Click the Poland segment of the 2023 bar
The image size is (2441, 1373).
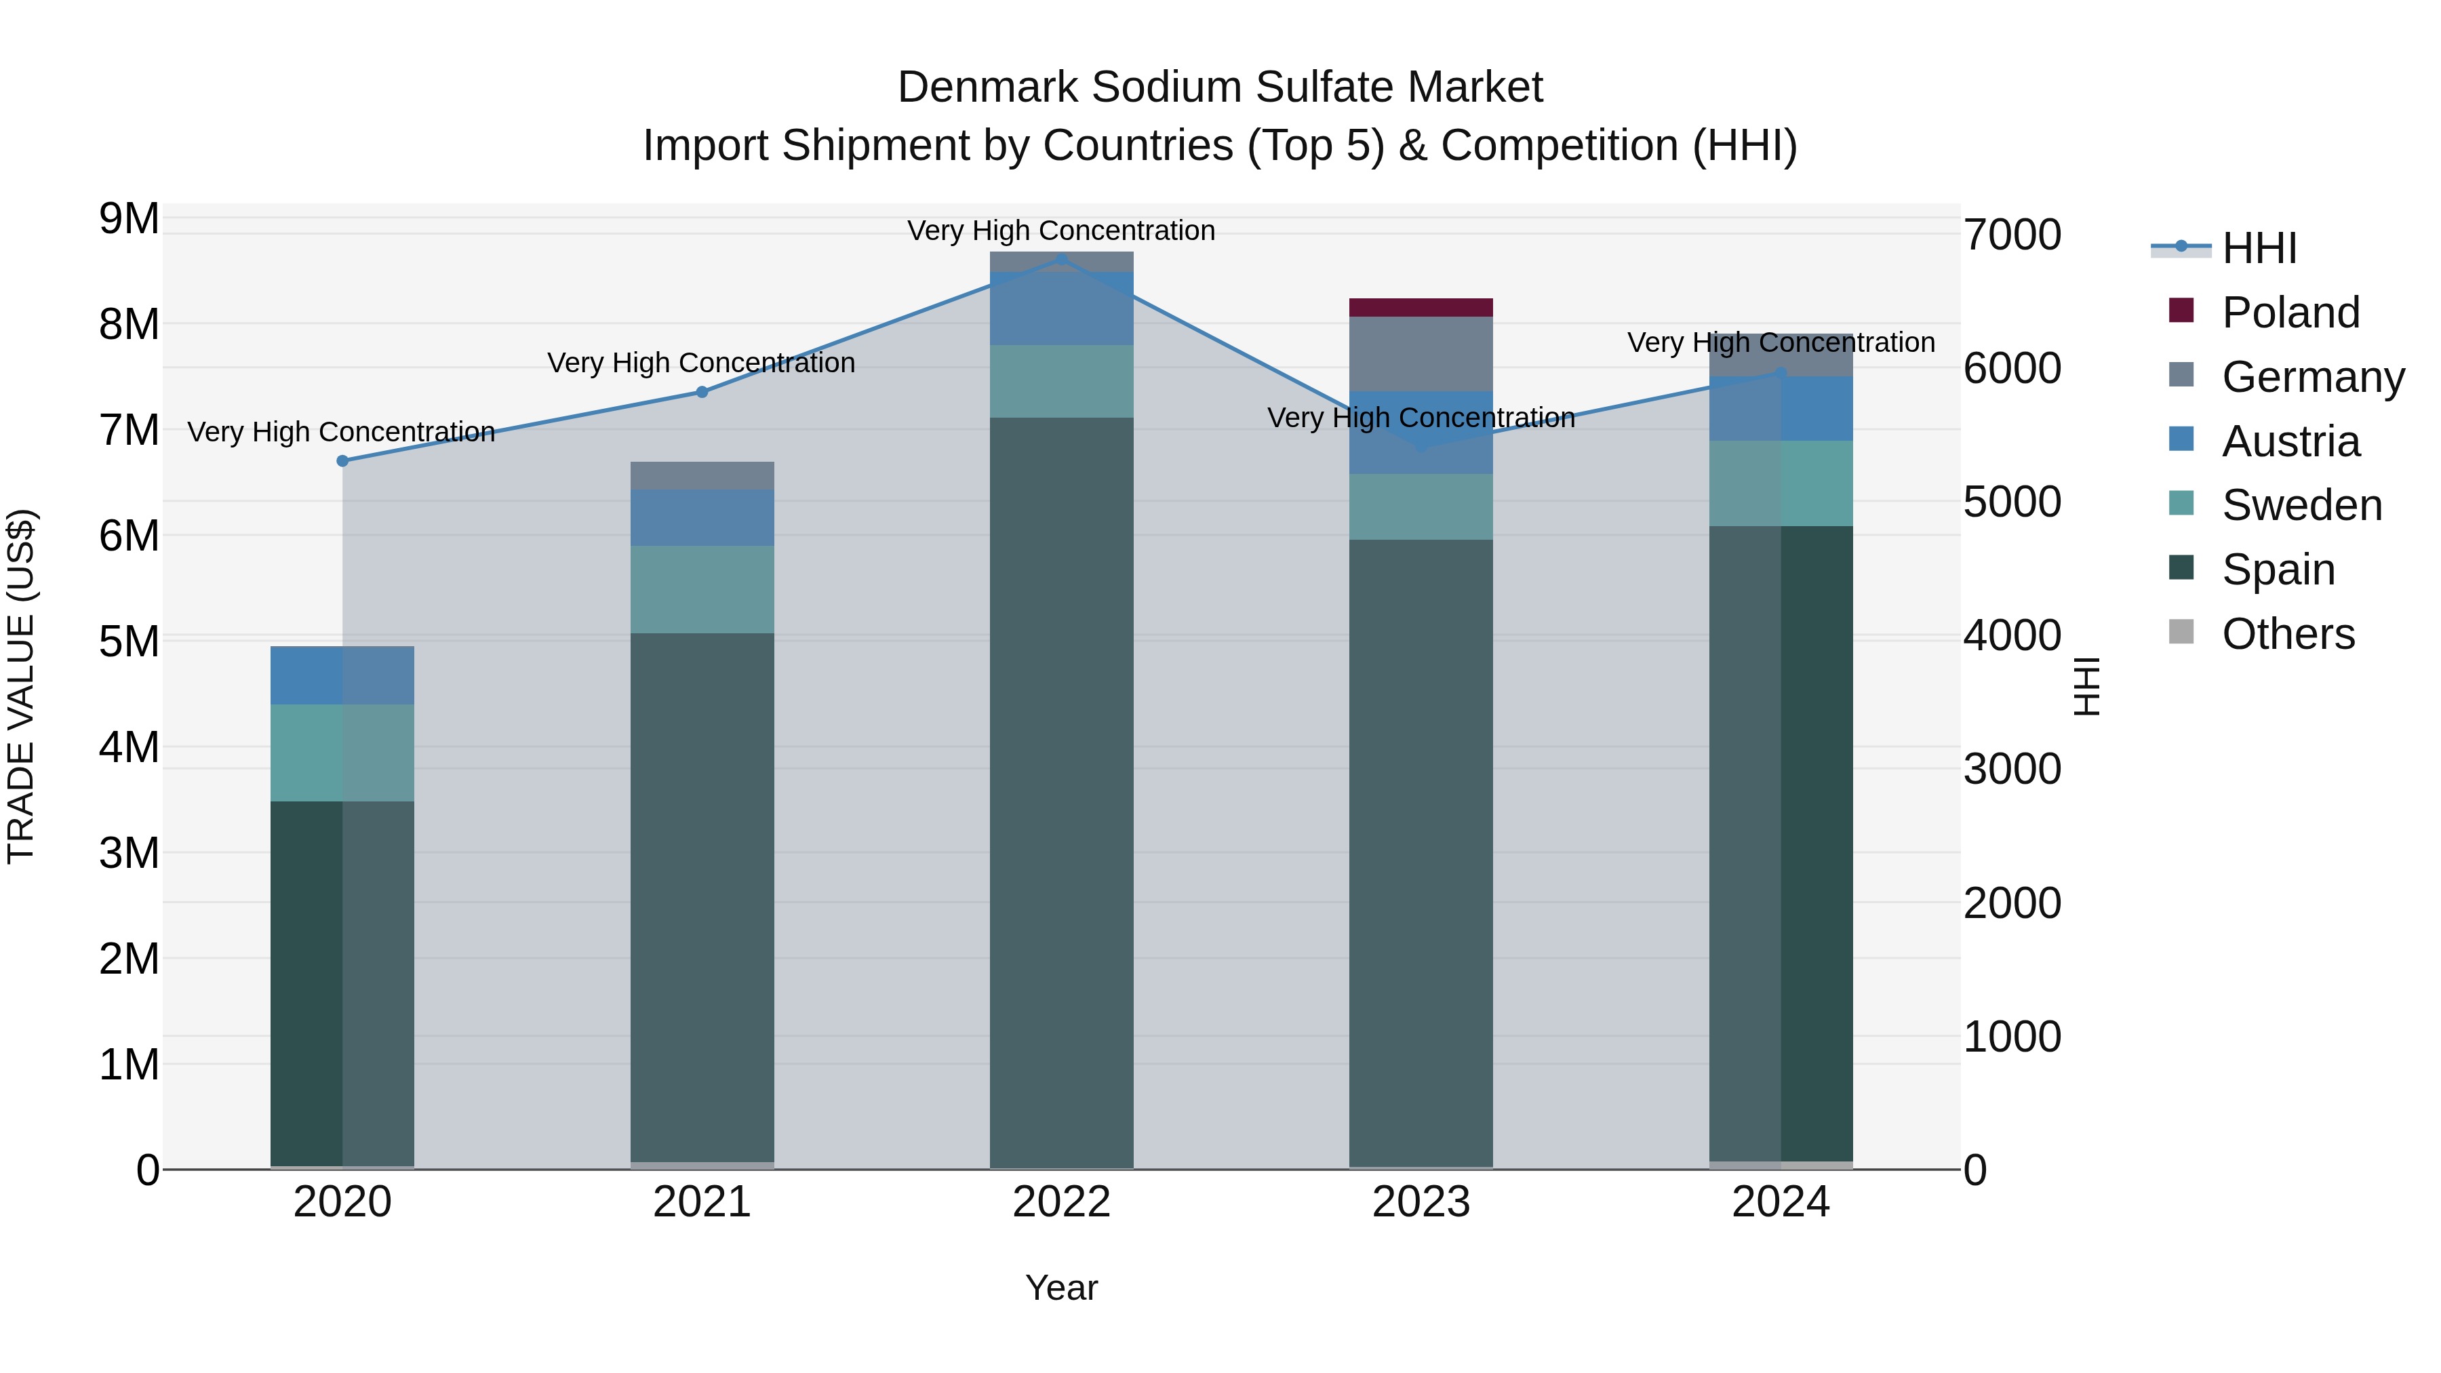click(1421, 308)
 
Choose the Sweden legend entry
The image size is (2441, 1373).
click(2301, 505)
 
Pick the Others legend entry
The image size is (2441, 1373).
click(2288, 634)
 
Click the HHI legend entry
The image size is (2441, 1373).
click(2259, 248)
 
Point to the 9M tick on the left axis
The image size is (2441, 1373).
click(129, 219)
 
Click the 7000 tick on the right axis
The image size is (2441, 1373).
click(2012, 235)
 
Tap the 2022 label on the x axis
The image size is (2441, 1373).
click(1061, 1202)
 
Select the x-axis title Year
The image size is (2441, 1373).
click(1061, 1288)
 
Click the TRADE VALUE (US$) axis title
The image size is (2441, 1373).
click(21, 686)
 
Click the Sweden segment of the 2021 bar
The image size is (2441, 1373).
click(702, 589)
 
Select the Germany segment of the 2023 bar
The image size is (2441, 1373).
click(1421, 355)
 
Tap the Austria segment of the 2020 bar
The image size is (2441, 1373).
click(343, 675)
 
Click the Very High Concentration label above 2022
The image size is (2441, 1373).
click(1061, 231)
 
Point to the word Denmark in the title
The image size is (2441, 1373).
click(987, 87)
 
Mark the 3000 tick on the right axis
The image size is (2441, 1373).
click(2012, 770)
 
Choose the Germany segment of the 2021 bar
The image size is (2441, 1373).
click(702, 476)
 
